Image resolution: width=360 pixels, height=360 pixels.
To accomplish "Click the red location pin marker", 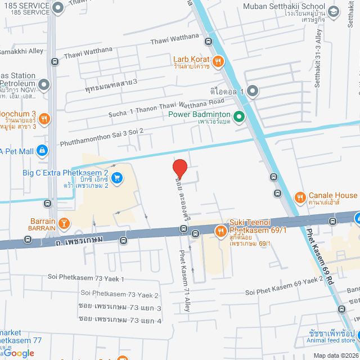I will coord(179,169).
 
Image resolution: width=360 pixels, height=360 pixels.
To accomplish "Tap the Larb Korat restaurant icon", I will coord(218,61).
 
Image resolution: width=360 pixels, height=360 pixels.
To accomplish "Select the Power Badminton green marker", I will coord(238,117).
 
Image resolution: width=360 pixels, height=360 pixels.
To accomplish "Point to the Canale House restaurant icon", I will coord(300,197).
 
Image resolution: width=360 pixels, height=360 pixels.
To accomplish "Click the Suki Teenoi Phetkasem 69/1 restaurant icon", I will coord(220,230).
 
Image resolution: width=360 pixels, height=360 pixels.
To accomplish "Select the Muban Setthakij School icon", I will coord(333,11).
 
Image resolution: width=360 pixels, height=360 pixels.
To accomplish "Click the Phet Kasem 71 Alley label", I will coord(184,273).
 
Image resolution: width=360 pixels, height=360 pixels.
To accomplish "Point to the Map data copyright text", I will coord(335,355).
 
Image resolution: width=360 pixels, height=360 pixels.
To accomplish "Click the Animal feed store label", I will coord(331,340).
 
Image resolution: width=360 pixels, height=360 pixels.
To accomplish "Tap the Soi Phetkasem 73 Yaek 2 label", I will coord(119,294).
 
